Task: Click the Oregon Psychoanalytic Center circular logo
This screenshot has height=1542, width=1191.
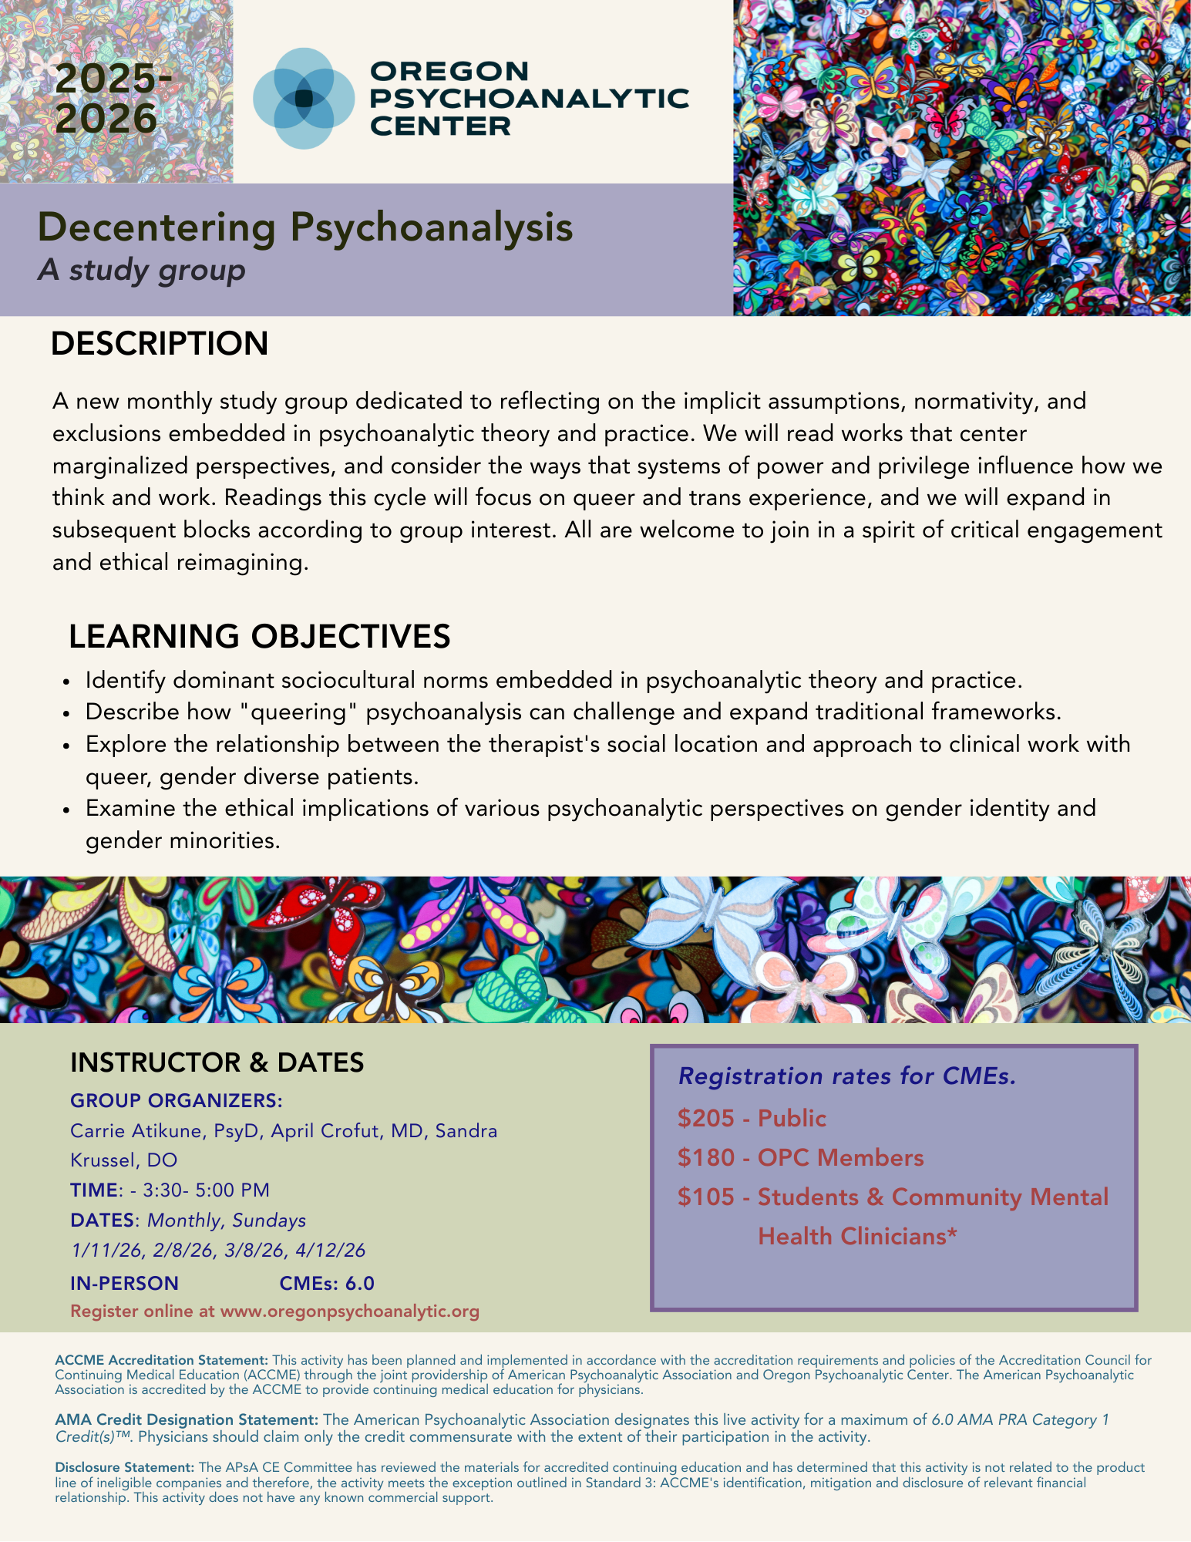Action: coord(304,98)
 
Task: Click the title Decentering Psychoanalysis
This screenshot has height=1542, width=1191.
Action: coord(305,227)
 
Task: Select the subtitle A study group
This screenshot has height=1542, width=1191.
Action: coord(141,270)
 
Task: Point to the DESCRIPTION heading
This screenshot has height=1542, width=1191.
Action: coord(160,344)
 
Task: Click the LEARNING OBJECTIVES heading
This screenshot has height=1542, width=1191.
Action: coord(259,637)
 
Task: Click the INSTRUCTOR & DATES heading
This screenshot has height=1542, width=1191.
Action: coord(217,1062)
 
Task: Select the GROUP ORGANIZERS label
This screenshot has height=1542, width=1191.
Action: coord(177,1100)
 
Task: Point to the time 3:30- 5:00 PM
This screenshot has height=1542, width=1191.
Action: coord(206,1190)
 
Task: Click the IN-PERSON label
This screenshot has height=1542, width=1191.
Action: coord(124,1283)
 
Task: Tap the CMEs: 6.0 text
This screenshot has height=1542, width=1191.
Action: coord(327,1283)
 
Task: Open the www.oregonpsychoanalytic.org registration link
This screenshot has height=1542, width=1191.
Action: coord(349,1311)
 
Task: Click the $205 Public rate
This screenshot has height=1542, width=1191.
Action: coord(752,1118)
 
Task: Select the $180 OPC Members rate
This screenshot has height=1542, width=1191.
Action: coord(800,1157)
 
